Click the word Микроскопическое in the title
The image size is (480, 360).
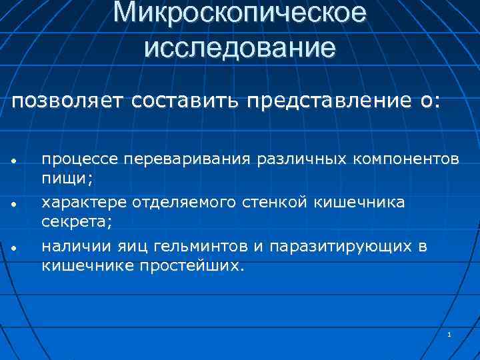pos(239,13)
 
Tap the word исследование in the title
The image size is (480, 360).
pos(239,47)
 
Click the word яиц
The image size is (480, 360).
pos(134,247)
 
